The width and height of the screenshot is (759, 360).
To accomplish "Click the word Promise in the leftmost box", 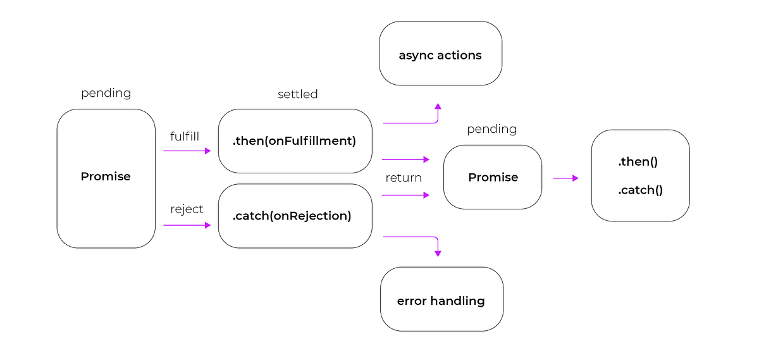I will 106,177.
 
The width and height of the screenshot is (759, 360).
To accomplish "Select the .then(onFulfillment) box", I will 295,141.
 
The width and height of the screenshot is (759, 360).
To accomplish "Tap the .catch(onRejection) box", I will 295,216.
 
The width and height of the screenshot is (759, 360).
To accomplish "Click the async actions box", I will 440,55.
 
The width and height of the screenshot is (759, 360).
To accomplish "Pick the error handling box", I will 441,301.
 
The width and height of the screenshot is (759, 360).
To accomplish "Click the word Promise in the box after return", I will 493,177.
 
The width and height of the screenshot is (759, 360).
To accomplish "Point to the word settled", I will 297,94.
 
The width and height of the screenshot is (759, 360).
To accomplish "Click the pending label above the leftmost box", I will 106,93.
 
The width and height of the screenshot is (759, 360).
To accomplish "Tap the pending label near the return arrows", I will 491,129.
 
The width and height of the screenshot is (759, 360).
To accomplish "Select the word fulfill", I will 185,136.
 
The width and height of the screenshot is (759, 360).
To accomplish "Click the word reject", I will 187,209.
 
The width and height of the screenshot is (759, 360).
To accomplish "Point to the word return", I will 404,178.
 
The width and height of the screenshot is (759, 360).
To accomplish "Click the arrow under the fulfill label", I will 187,151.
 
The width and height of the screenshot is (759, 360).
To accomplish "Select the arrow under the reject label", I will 187,225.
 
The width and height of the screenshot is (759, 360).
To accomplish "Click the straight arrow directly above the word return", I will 405,159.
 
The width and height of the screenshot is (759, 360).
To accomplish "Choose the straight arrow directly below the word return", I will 405,195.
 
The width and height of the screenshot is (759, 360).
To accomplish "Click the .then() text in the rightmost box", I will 638,162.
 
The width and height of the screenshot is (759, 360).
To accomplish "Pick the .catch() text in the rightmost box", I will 640,190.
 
